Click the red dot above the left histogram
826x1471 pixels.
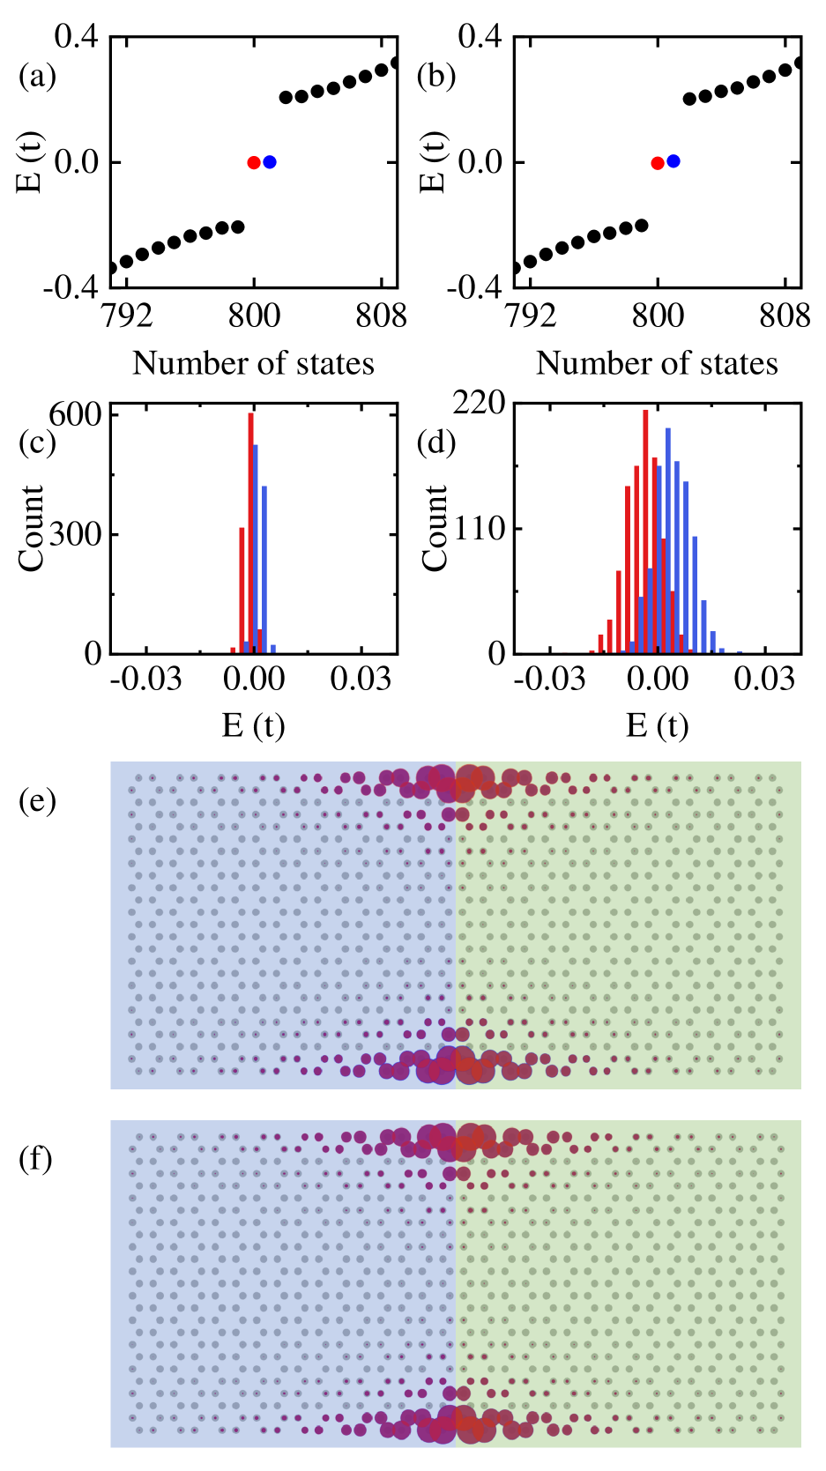254,163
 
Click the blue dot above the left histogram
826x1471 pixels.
270,162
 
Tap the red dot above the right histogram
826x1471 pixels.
658,163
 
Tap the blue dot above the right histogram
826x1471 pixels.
673,161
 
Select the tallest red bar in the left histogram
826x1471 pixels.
250,529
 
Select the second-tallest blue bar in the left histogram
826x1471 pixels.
264,564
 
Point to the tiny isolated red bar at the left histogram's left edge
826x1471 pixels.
233,650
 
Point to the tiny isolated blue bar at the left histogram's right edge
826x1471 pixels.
273,648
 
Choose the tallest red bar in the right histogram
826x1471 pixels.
645,529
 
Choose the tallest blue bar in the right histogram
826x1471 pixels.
668,538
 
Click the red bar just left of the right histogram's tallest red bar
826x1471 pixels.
636,555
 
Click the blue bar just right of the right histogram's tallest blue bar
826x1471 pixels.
677,555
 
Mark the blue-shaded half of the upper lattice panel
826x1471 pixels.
282,925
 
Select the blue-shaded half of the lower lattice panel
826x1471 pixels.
282,1284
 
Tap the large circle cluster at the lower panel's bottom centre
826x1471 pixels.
456,1423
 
